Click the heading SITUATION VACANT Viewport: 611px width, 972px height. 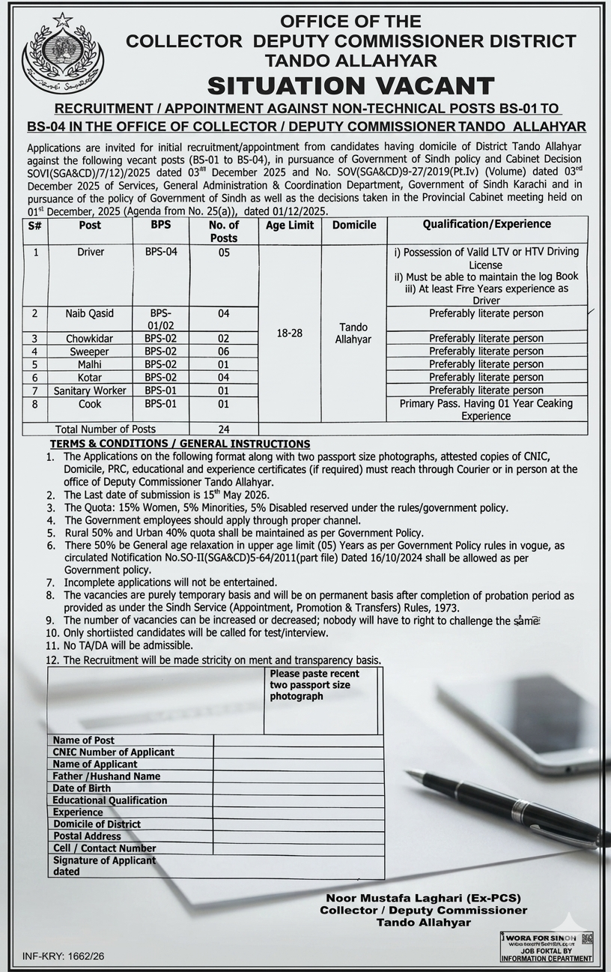350,85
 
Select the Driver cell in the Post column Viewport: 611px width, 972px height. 91,253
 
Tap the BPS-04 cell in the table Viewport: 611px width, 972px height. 161,253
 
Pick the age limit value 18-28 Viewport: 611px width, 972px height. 289,333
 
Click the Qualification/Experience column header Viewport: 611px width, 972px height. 486,224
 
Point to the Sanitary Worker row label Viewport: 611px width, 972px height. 90,390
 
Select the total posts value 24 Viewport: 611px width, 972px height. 223,429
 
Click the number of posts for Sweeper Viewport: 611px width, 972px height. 223,351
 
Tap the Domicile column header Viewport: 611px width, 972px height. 354,225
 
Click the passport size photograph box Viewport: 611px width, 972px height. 320,700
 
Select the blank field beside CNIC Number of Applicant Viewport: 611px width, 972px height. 298,752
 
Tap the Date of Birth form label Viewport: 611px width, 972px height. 82,788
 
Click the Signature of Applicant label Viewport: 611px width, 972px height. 104,860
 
